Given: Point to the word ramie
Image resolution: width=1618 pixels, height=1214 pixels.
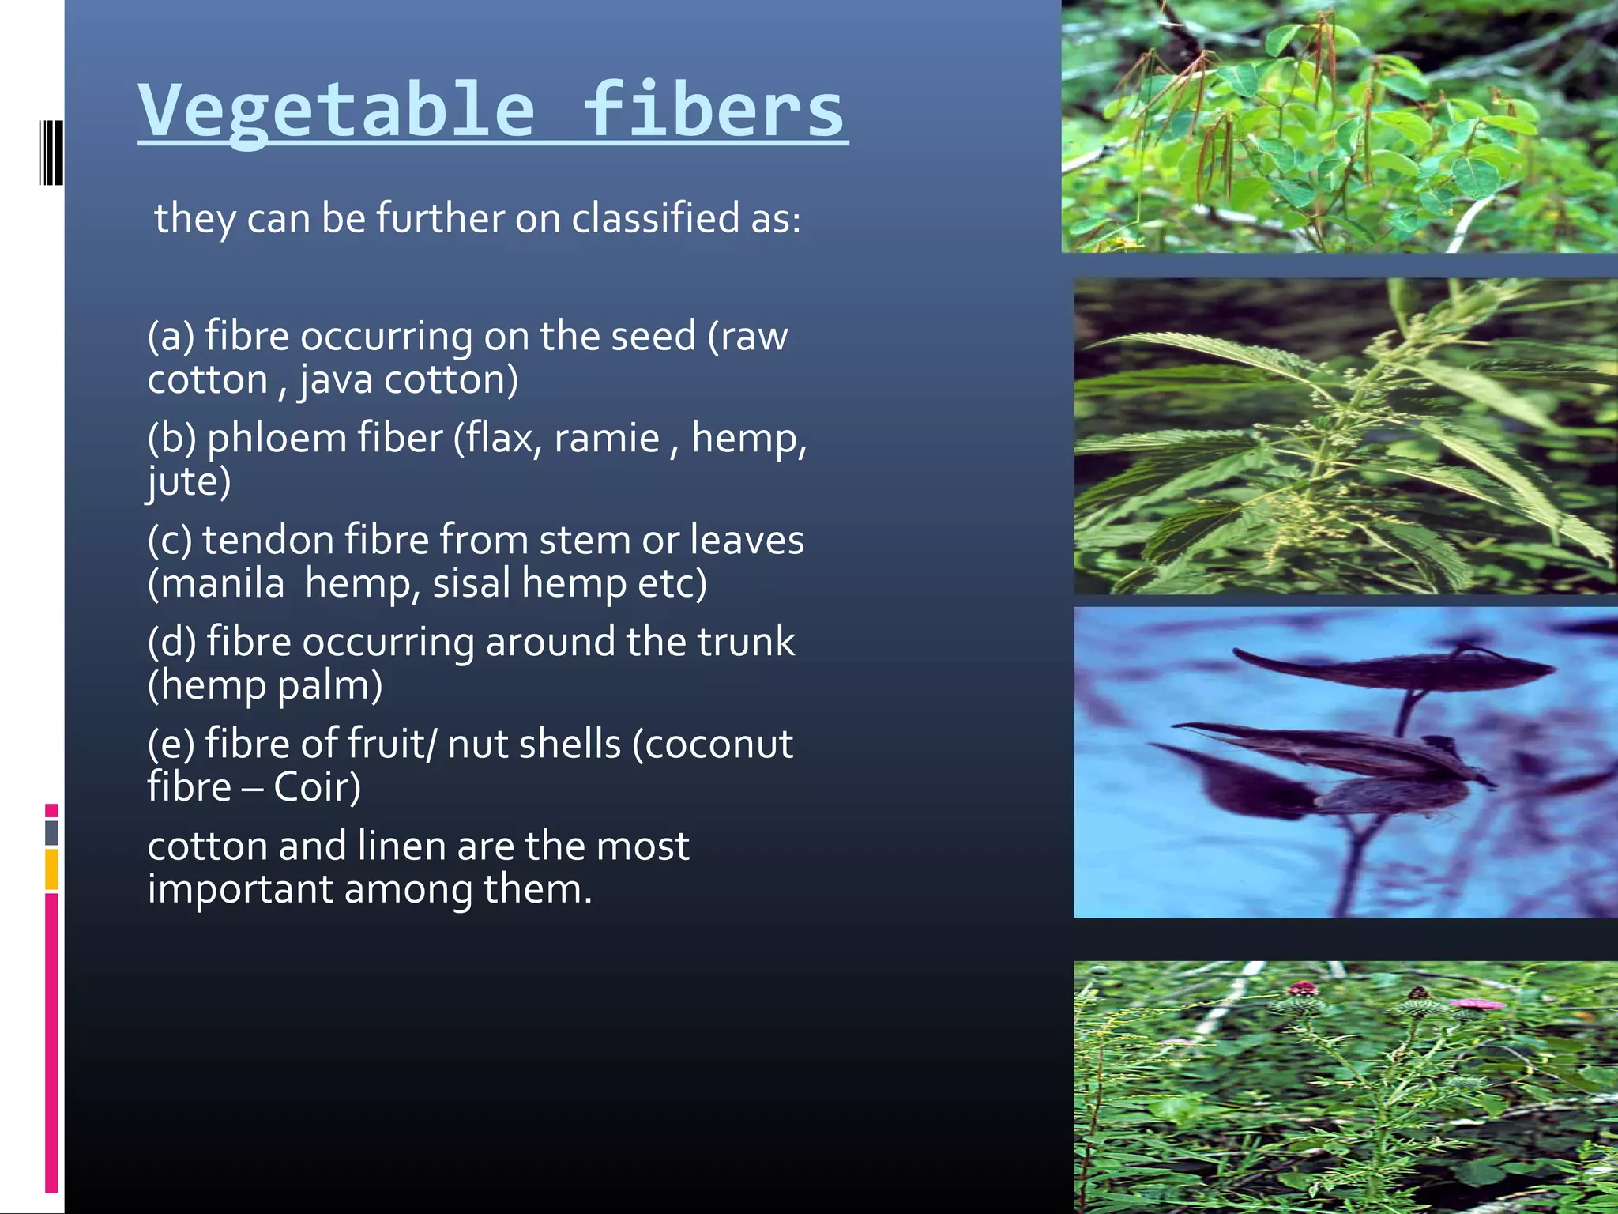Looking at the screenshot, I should coord(606,438).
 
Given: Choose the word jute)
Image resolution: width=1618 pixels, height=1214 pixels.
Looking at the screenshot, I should coord(189,481).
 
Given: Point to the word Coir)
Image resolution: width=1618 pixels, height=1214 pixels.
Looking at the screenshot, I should coord(317,787).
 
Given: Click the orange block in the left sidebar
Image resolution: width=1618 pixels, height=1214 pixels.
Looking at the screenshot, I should coord(51,869).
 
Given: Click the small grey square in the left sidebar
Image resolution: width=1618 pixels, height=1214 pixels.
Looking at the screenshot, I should coord(51,832).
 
